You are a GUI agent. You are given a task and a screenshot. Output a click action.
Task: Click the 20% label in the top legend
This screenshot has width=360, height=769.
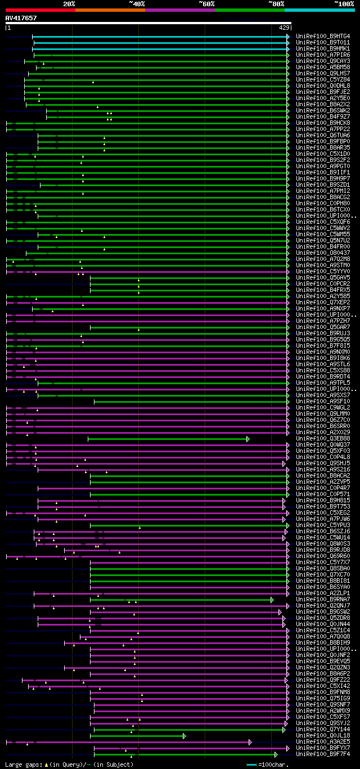click(69, 3)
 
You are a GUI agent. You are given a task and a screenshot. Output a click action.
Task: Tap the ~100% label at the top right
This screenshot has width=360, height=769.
click(344, 3)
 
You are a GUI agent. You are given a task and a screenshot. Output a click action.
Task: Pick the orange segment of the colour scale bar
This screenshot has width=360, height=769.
click(110, 10)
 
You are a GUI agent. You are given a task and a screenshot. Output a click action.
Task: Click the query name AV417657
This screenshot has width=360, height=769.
click(21, 18)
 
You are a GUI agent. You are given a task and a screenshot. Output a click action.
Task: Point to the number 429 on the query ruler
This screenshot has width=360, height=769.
click(284, 28)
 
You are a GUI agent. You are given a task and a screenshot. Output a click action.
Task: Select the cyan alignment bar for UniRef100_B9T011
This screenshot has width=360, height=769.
click(160, 43)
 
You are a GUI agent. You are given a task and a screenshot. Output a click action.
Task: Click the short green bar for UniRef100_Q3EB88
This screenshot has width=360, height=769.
click(167, 439)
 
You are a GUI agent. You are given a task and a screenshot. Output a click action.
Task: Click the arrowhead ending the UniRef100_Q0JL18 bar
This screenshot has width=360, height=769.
click(184, 736)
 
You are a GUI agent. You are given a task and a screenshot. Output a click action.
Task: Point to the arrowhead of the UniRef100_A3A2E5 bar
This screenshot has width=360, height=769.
click(250, 742)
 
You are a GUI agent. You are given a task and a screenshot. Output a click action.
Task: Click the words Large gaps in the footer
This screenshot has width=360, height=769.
click(21, 764)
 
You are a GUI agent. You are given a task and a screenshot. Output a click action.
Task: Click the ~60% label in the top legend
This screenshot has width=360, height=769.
click(206, 3)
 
